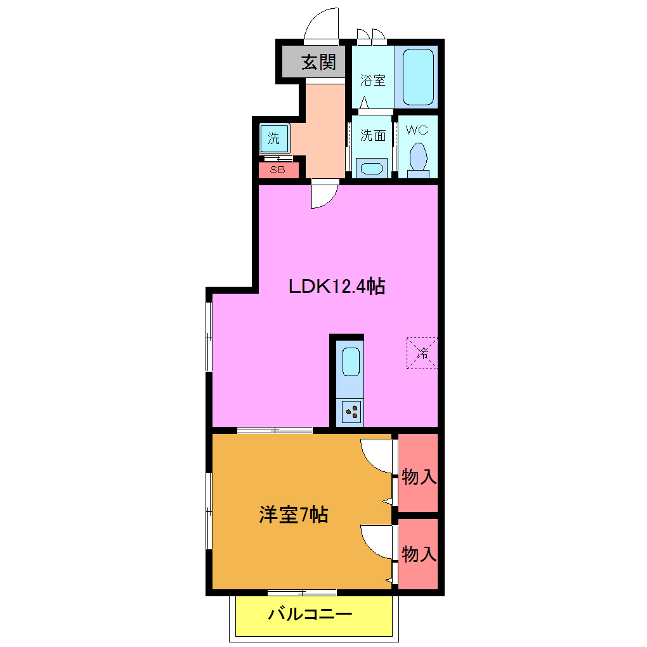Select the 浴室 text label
tap(373, 81)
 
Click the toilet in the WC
tap(418, 159)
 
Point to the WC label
tap(417, 130)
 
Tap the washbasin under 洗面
tap(370, 169)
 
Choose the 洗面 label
tap(373, 135)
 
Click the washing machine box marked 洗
tap(274, 138)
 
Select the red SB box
tap(278, 170)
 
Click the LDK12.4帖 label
tap(337, 287)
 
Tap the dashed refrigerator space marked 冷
tap(422, 353)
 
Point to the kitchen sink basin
tap(351, 362)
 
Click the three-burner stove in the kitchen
tap(351, 412)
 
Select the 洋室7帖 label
tap(293, 514)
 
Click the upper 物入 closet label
tap(419, 477)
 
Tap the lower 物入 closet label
tap(419, 554)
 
